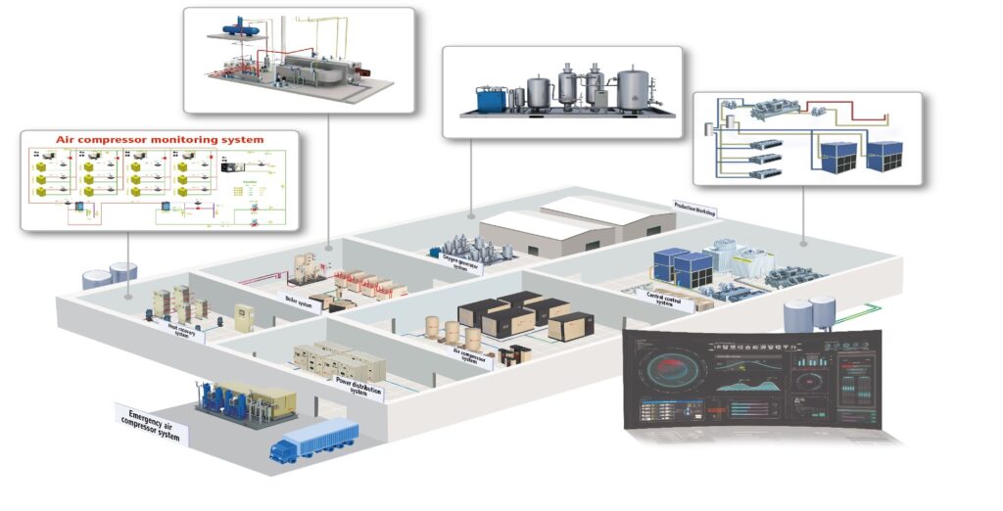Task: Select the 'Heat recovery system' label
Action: tap(178, 330)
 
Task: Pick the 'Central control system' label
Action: tap(670, 296)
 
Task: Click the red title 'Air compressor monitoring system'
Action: tap(159, 140)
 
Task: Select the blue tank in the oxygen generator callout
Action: tap(490, 99)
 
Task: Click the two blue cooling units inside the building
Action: tap(682, 262)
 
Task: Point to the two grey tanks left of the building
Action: tap(110, 275)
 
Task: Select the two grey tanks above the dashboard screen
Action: tap(810, 314)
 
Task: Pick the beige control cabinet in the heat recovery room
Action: tap(243, 318)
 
